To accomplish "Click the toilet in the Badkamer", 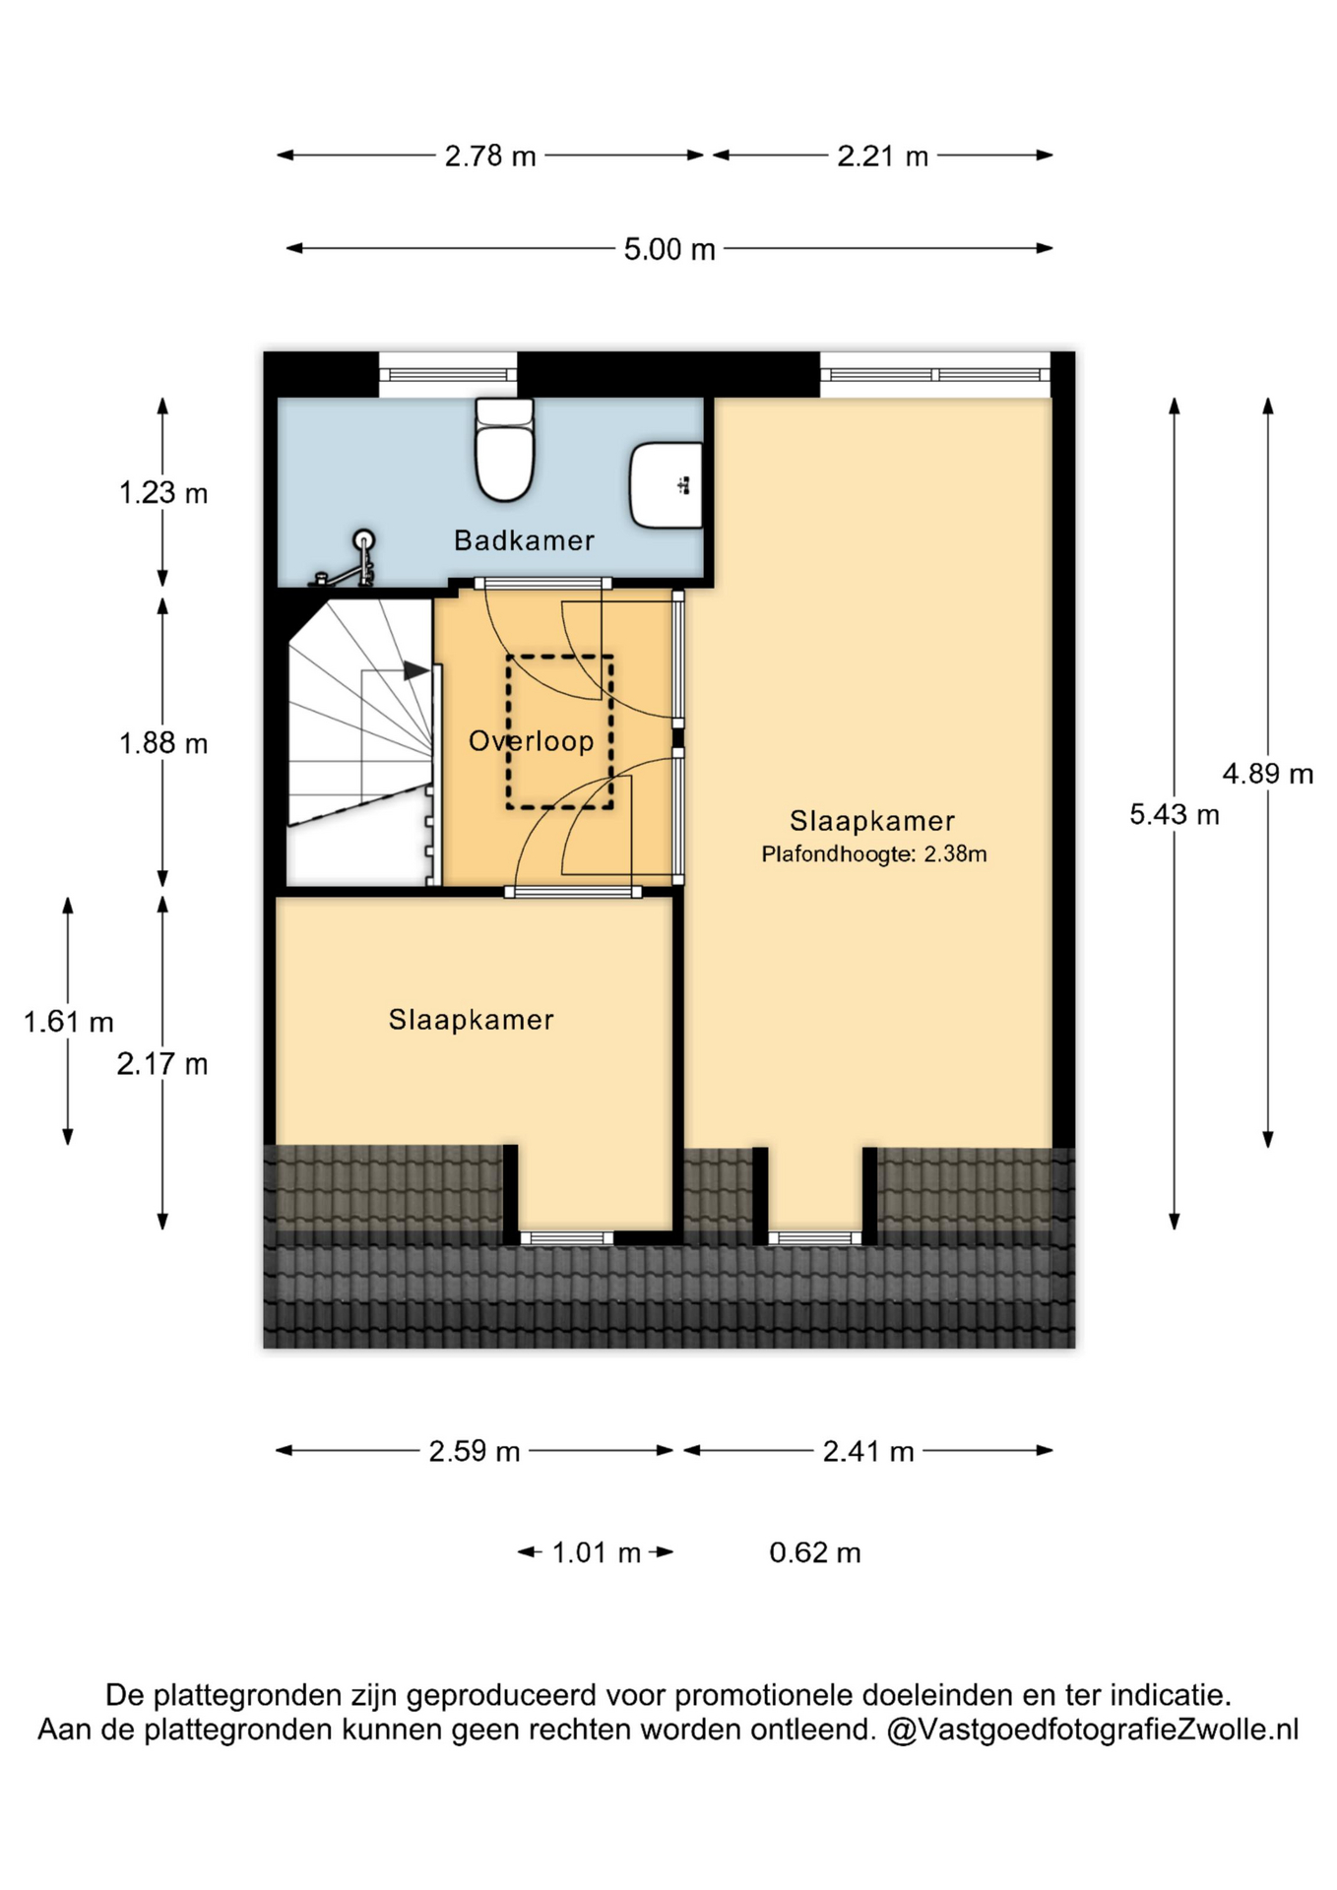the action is click(x=505, y=449).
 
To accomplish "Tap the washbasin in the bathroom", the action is click(x=666, y=485).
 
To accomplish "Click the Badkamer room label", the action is click(x=524, y=540).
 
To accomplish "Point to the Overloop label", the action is click(x=531, y=741).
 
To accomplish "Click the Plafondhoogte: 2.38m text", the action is click(x=874, y=854).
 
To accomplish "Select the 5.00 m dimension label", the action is click(x=669, y=249).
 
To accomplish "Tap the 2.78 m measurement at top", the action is click(x=490, y=157).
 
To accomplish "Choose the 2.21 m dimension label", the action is click(x=883, y=157).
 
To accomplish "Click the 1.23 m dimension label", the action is click(x=163, y=492).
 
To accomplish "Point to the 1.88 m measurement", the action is click(x=163, y=743).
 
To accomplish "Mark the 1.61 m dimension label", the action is click(x=69, y=1022).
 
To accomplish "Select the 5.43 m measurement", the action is click(x=1175, y=815).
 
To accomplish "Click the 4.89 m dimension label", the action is click(x=1268, y=774).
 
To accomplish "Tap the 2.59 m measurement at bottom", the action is click(x=475, y=1452).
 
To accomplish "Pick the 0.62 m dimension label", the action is click(x=815, y=1553).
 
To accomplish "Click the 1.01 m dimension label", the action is click(x=597, y=1553).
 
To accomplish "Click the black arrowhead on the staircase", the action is click(x=416, y=670).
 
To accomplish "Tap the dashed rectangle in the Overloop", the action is click(x=560, y=732).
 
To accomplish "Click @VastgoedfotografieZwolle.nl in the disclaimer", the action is click(x=1093, y=1730).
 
